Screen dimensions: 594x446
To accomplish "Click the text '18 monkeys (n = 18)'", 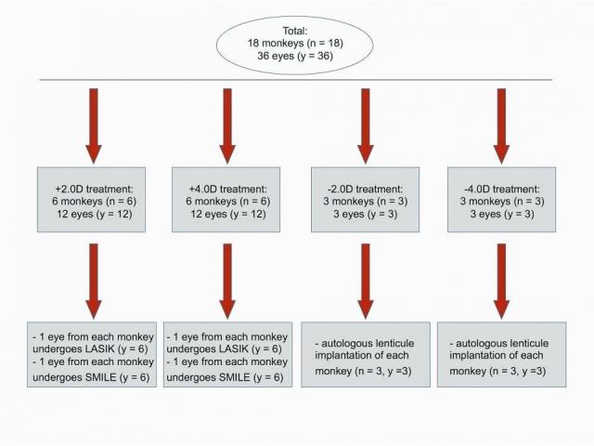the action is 295,44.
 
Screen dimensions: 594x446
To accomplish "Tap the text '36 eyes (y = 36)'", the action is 295,56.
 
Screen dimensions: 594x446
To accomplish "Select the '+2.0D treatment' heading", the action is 94,189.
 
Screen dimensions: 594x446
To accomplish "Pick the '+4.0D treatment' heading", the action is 227,189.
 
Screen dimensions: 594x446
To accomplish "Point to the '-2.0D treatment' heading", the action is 365,189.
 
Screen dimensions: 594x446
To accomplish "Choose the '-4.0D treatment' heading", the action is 502,189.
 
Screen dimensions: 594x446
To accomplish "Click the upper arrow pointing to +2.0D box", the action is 94,126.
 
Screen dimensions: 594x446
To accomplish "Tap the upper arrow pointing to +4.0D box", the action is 227,126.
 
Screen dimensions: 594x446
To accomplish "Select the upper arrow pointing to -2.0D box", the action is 366,126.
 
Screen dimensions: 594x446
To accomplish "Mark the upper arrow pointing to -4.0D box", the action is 501,126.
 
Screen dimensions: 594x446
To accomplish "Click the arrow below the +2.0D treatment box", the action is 94,281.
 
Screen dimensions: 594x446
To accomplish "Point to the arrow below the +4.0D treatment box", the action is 227,281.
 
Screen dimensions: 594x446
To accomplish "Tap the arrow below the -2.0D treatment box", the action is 366,281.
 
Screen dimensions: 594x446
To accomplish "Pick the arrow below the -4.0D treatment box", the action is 501,281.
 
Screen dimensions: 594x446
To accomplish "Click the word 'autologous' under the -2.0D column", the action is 347,344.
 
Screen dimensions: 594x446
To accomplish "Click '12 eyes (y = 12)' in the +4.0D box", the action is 228,215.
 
